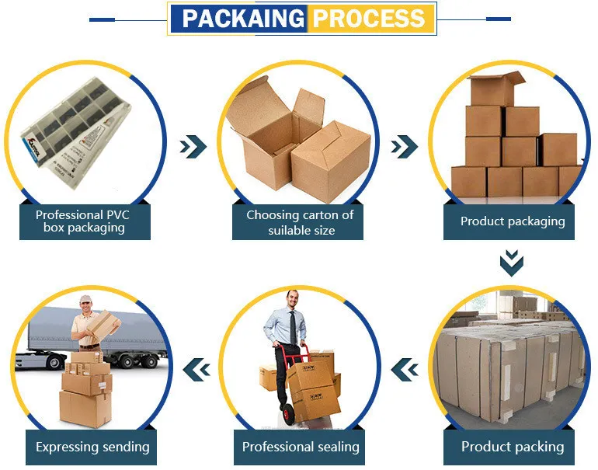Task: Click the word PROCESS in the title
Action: (x=368, y=18)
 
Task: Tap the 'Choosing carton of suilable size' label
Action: (x=300, y=222)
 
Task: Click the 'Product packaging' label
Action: (x=512, y=221)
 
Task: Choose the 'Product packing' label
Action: (x=512, y=446)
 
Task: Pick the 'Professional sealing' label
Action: (x=301, y=446)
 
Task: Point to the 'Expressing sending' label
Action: (x=92, y=447)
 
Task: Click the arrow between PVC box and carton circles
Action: (x=193, y=145)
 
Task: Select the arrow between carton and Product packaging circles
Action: (x=404, y=145)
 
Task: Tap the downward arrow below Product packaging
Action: (x=511, y=263)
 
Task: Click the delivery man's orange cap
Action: (x=84, y=301)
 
